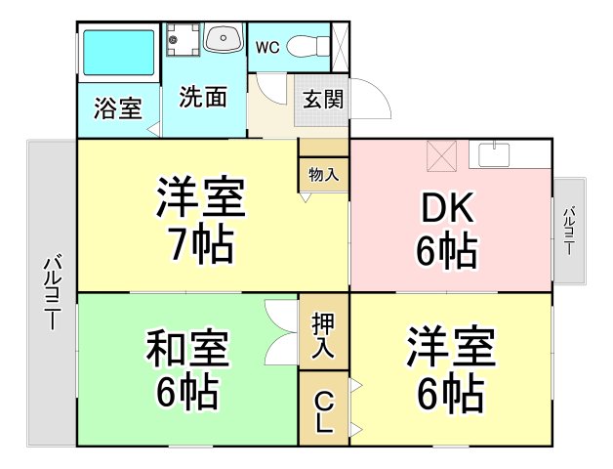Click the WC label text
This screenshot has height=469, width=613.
[268, 47]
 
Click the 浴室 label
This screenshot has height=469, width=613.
[117, 108]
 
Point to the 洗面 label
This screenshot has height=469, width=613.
[203, 97]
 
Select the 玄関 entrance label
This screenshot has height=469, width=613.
[321, 99]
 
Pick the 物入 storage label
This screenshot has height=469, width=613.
[323, 175]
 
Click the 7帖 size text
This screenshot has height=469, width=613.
[201, 244]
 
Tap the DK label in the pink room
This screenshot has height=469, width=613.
[447, 208]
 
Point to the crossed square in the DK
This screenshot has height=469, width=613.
[442, 153]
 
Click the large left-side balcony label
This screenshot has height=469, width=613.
[53, 294]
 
